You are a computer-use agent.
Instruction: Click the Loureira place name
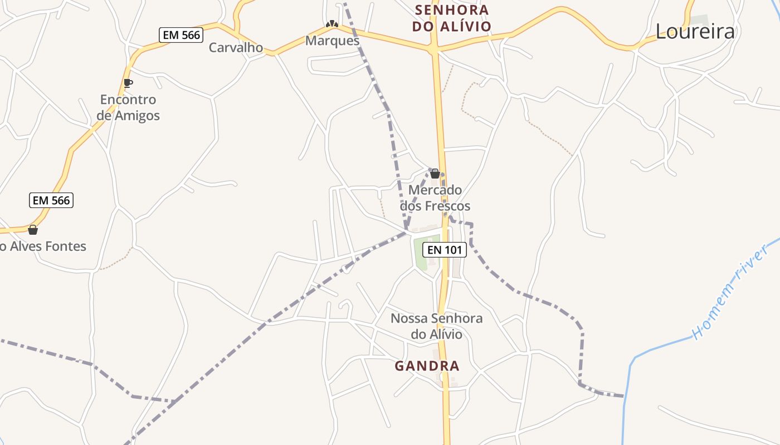click(x=695, y=31)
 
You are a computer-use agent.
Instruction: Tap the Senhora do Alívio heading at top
click(x=452, y=18)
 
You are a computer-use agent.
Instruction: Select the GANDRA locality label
click(x=427, y=366)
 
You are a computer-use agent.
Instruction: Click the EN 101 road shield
click(x=444, y=250)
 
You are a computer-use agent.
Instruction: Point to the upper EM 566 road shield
click(x=181, y=35)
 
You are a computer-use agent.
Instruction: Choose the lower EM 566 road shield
click(x=51, y=200)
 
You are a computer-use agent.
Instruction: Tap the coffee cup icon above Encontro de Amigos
click(x=128, y=83)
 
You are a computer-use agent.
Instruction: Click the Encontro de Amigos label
click(x=128, y=107)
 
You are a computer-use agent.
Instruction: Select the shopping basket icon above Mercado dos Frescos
click(x=435, y=174)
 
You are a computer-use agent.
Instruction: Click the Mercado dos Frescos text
click(x=435, y=198)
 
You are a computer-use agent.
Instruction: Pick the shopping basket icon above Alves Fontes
click(x=33, y=229)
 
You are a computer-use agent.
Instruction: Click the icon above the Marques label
click(x=332, y=24)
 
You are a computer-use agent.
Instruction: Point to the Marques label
click(x=333, y=41)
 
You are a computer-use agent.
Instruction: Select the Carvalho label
click(x=236, y=47)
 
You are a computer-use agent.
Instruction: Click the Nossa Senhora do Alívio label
click(x=436, y=326)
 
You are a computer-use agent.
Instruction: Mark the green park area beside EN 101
click(x=421, y=253)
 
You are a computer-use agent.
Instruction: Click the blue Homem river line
click(x=630, y=378)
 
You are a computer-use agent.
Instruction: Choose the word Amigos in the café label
click(x=135, y=116)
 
